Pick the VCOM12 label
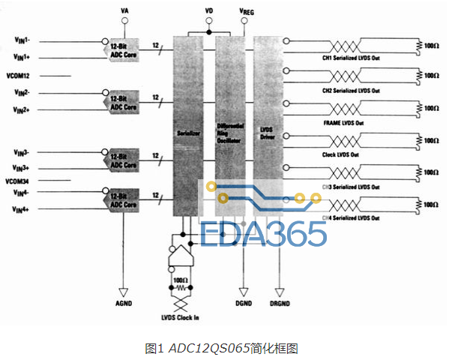pos(22,76)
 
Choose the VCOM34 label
pos(22,180)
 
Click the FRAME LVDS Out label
pos(343,122)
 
